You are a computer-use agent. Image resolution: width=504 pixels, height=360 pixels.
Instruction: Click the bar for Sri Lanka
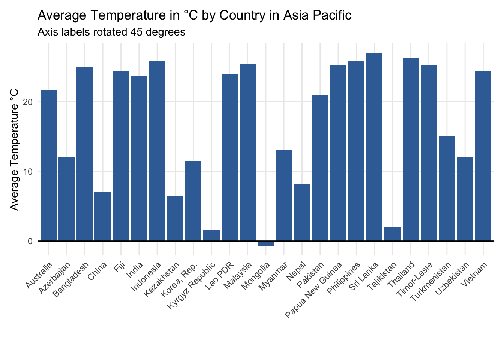(x=374, y=147)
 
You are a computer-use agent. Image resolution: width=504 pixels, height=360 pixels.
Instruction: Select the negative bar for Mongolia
(x=266, y=243)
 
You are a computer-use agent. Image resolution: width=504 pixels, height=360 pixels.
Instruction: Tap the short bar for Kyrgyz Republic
(x=211, y=235)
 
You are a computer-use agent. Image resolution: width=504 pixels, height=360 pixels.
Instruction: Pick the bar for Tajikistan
(x=393, y=234)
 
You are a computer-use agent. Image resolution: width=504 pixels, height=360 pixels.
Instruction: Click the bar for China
(x=103, y=217)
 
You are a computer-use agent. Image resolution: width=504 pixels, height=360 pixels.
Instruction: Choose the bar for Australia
(x=49, y=166)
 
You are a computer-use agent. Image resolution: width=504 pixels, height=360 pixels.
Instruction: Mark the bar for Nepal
(x=302, y=213)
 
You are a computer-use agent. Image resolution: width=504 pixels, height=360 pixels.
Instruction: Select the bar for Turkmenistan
(x=447, y=188)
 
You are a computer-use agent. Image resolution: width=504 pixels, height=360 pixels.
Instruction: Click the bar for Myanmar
(x=284, y=195)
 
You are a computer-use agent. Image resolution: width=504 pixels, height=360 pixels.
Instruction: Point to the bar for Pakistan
(x=320, y=168)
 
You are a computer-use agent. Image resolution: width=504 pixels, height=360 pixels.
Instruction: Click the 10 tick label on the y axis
(x=28, y=172)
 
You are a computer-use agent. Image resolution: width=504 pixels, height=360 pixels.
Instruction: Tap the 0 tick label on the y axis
(x=30, y=241)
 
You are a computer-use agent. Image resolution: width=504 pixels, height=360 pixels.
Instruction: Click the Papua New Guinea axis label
(x=313, y=290)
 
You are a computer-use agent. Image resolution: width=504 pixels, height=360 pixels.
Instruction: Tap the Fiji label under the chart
(x=119, y=267)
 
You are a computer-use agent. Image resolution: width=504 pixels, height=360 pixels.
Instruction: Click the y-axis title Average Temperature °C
(x=14, y=150)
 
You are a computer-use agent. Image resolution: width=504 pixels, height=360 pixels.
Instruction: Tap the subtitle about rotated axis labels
(x=111, y=32)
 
